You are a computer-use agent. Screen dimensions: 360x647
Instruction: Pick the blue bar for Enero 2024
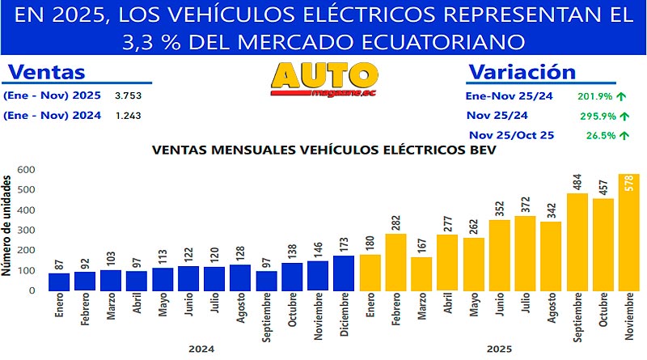[x=59, y=282]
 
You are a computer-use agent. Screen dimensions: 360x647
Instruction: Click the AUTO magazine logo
[x=324, y=78]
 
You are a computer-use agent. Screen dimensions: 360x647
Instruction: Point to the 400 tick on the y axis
[x=27, y=210]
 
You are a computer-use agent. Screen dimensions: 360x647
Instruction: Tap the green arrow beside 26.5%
[x=623, y=136]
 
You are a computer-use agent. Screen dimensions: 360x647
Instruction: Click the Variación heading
[x=522, y=71]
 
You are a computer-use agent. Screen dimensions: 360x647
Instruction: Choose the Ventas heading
[x=46, y=72]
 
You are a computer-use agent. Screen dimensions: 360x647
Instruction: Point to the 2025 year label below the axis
[x=500, y=349]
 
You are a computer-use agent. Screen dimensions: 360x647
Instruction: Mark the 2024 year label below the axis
[x=201, y=349]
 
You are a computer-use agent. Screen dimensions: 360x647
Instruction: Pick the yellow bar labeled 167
[x=422, y=273]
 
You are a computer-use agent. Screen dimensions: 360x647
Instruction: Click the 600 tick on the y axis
[x=27, y=170]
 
